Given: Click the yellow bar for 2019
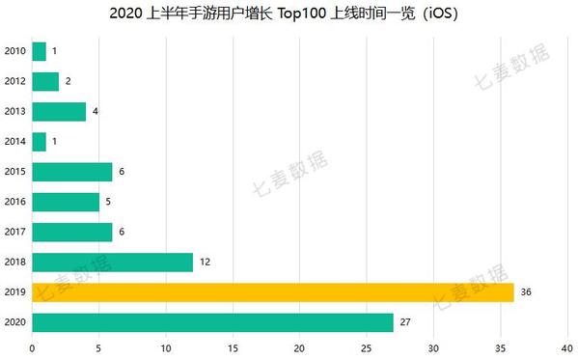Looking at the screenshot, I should click(273, 291).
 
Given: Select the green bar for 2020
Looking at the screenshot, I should click(212, 321).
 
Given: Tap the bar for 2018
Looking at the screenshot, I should click(112, 262).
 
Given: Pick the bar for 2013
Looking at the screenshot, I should click(59, 111).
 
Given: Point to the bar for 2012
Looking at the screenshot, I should click(45, 81).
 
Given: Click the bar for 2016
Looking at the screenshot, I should click(66, 202).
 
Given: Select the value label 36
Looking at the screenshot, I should click(526, 291).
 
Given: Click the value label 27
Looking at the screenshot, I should click(405, 321).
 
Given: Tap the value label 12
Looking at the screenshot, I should click(205, 262).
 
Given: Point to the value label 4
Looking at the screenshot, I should click(95, 111).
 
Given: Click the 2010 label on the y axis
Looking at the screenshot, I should click(14, 51).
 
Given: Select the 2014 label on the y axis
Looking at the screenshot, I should click(14, 142).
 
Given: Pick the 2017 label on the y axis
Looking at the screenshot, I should click(14, 232).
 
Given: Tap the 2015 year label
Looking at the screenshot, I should click(14, 172).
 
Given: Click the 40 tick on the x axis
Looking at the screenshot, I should click(567, 348).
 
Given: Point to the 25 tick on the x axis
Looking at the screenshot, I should click(367, 348).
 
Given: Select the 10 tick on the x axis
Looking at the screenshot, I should click(166, 348).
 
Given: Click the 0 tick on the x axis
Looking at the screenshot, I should click(33, 348).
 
